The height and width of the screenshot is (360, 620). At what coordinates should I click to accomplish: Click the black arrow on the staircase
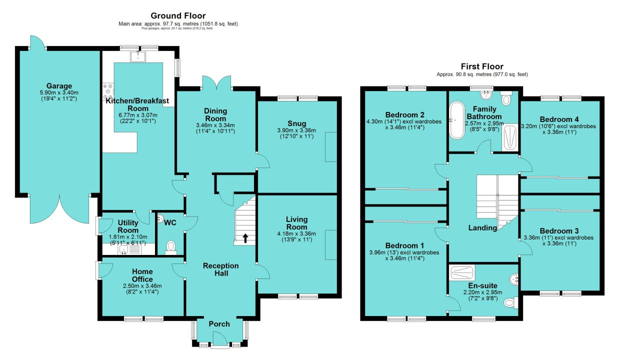click(245, 238)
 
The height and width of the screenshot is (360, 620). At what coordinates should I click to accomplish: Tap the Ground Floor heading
click(178, 16)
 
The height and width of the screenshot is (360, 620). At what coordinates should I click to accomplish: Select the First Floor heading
click(482, 66)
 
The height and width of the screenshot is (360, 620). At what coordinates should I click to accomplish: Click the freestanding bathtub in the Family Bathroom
click(457, 120)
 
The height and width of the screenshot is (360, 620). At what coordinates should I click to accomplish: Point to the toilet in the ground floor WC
click(171, 247)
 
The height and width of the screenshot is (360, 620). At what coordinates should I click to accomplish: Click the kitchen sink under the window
click(137, 56)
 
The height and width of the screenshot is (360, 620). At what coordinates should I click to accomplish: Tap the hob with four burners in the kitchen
click(108, 91)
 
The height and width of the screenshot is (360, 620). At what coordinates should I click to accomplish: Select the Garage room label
click(59, 86)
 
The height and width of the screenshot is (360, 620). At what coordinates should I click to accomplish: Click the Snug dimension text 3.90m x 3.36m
click(296, 130)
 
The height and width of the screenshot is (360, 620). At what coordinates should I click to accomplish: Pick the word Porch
click(219, 324)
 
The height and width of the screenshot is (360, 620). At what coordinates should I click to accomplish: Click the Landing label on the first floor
click(482, 227)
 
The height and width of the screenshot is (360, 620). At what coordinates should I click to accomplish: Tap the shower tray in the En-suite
click(462, 273)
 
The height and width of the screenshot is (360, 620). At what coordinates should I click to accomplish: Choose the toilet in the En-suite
click(510, 302)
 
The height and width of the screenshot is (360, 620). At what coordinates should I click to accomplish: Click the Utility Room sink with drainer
click(130, 249)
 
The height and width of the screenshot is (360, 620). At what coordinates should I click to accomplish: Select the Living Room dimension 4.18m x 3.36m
click(296, 233)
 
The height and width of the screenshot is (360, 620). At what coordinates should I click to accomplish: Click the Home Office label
click(142, 275)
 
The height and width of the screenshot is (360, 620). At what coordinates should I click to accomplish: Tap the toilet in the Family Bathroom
click(506, 97)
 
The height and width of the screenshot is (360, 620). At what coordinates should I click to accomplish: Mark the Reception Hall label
click(221, 269)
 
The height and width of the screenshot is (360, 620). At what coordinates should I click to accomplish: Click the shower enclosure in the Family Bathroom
click(509, 137)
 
